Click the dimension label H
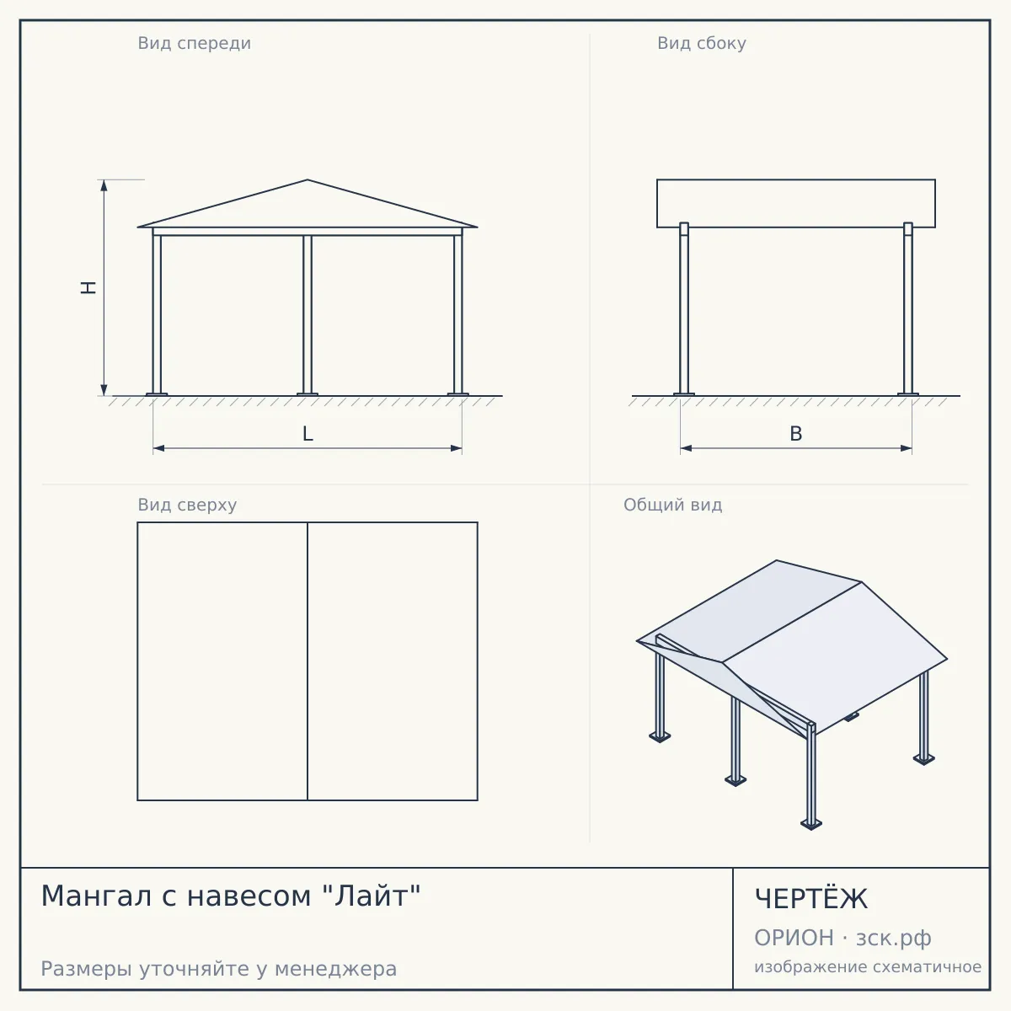(x=88, y=287)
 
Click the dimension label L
(x=308, y=434)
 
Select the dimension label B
(x=796, y=434)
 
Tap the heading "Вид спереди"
(x=194, y=43)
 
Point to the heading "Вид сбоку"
(x=702, y=43)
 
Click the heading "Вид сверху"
(x=187, y=505)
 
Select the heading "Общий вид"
(x=672, y=505)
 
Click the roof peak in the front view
(x=308, y=180)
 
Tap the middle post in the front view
(x=308, y=315)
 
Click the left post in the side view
(x=684, y=308)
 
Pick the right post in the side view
(x=908, y=308)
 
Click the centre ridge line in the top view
(x=308, y=661)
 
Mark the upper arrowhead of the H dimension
(x=104, y=185)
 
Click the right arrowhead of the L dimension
(x=457, y=448)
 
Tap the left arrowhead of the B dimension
(x=686, y=448)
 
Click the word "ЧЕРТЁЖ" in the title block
(x=811, y=899)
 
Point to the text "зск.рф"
(x=894, y=938)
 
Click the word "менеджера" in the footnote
(x=336, y=969)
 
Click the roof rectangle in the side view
(x=796, y=204)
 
